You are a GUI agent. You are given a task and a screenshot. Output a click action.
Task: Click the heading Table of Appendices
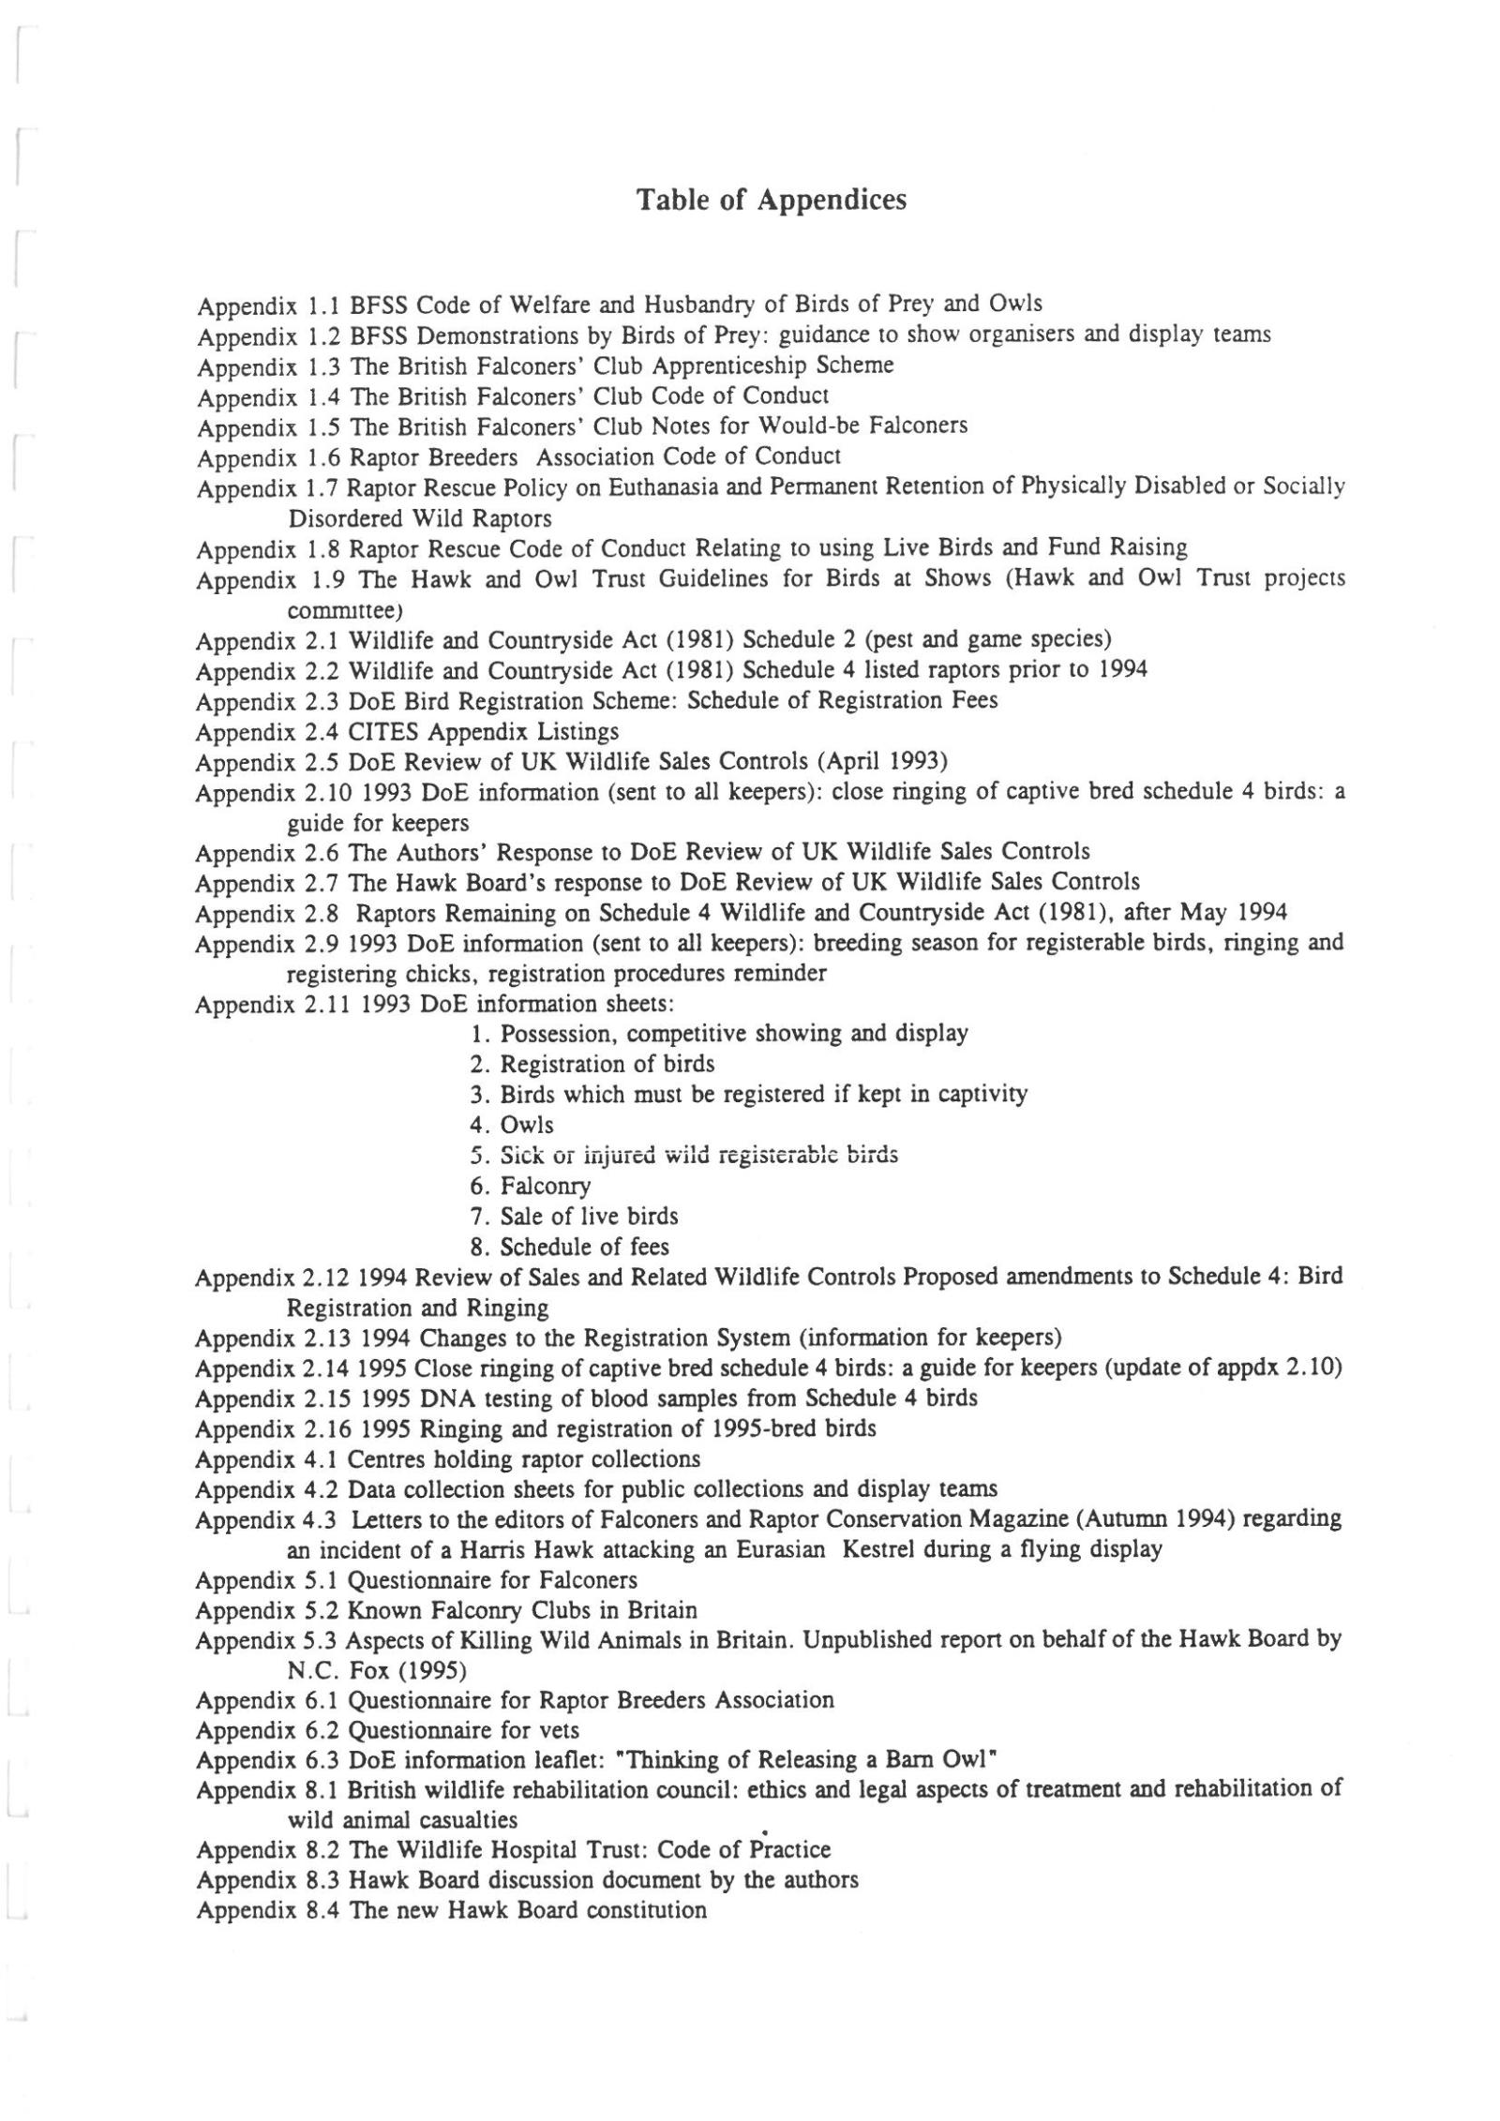coord(771,201)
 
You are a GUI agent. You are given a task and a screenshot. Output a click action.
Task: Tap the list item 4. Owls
coord(513,1125)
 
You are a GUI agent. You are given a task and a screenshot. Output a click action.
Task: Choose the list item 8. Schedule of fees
coord(570,1247)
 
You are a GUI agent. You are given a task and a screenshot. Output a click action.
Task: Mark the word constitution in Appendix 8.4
coord(646,1911)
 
